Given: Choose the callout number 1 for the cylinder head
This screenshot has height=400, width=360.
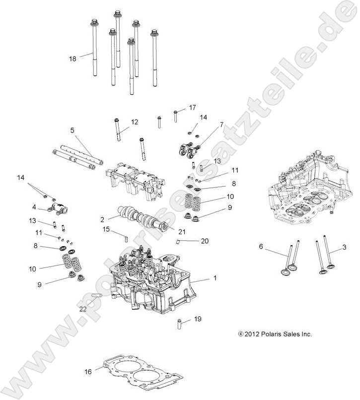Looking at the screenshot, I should coord(215,279).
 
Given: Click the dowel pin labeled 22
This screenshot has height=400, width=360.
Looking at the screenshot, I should coord(97,296).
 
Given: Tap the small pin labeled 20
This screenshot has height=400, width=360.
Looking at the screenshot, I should coord(178,242).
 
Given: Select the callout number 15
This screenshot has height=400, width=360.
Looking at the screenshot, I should coord(106,229).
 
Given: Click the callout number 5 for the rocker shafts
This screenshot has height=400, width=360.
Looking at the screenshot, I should coord(72,131).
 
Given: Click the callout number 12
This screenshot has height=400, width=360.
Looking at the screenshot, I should coord(135,122).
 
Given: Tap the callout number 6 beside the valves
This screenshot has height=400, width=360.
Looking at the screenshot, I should coord(261,246).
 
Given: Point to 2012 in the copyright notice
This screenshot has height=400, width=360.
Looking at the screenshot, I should coord(253,334).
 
